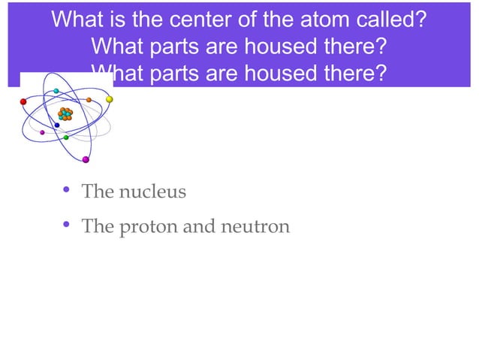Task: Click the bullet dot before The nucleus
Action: click(x=67, y=190)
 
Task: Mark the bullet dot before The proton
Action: click(x=67, y=225)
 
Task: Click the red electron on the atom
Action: click(x=23, y=101)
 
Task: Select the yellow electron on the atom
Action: click(x=109, y=98)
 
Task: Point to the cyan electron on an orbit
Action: click(x=56, y=91)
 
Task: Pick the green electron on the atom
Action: click(x=66, y=138)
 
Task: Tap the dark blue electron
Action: click(x=57, y=126)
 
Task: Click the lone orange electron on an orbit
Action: click(x=89, y=99)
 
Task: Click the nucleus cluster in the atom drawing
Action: click(x=65, y=114)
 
